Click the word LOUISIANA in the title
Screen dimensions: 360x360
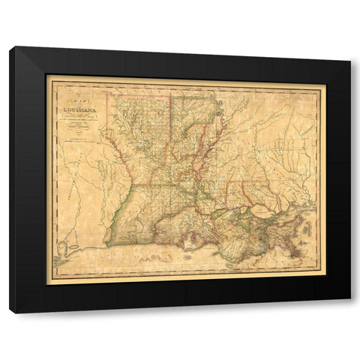[78, 110]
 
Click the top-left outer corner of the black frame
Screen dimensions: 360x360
[10, 47]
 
